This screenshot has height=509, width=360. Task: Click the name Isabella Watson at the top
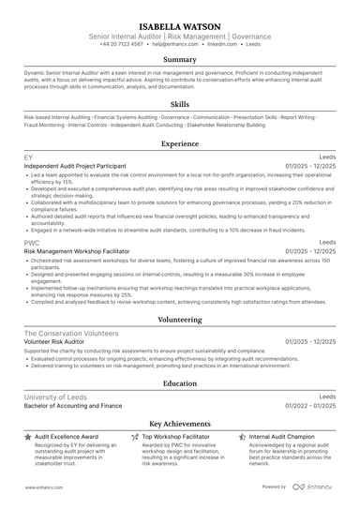coord(180,26)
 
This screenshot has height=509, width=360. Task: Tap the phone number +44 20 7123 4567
coord(121,44)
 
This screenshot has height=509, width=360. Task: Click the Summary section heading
coord(180,60)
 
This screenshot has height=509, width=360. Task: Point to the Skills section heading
coord(180,104)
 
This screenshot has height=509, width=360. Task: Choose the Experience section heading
coord(180,144)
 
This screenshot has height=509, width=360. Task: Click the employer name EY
coord(28,157)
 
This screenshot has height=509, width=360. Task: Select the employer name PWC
coord(32,243)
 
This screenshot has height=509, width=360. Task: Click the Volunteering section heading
coord(180,320)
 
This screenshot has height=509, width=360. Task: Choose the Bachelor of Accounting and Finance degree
coord(73,406)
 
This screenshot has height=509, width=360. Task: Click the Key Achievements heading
coord(180,424)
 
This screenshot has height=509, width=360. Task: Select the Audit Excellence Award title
coord(66,437)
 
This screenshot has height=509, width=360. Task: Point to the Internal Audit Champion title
coord(281,437)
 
